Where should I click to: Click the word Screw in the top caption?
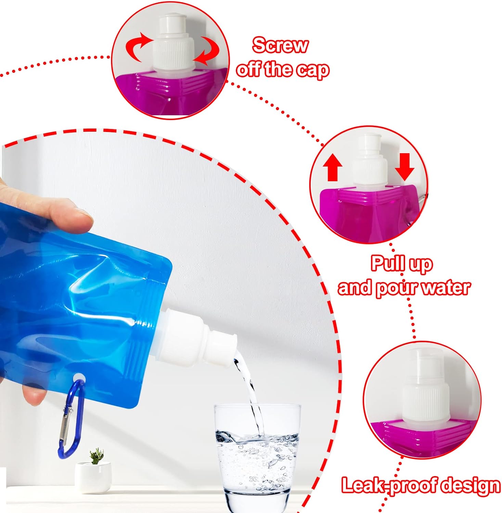(x=280, y=45)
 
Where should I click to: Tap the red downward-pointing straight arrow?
(x=404, y=167)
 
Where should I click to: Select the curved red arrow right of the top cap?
(x=208, y=51)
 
